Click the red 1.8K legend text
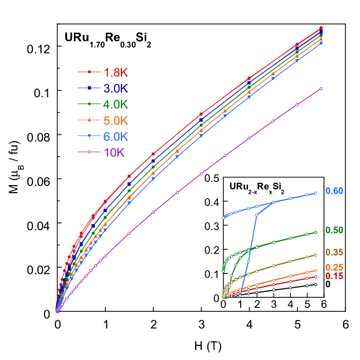[x=115, y=73]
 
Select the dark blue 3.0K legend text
[x=115, y=89]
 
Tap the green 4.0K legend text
[x=115, y=105]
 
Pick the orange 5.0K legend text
[x=115, y=121]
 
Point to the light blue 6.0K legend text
[x=115, y=136]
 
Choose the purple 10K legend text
[x=114, y=152]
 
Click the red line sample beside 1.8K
[x=89, y=73]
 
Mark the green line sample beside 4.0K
[x=89, y=105]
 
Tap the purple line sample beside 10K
[x=89, y=152]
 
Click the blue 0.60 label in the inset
[x=334, y=191]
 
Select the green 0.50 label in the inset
[x=334, y=230]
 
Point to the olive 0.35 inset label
[x=334, y=253]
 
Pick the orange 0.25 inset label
[x=334, y=268]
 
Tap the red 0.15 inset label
[x=334, y=277]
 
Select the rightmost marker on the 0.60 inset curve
[x=316, y=193]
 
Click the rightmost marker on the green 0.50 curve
[x=316, y=232]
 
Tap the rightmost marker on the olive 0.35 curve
[x=316, y=255]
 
